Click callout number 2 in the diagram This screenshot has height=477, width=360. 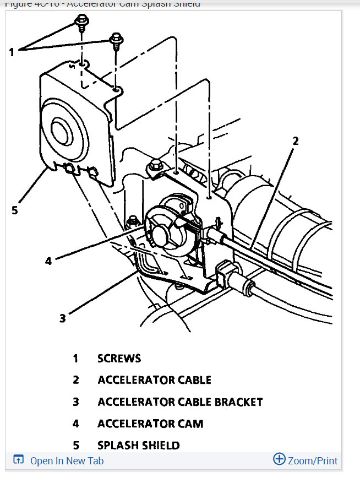[295, 140]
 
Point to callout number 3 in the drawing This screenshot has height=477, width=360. [62, 318]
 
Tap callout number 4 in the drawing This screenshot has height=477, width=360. [48, 260]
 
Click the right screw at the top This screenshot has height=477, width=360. [116, 40]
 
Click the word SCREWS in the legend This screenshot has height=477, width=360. [119, 359]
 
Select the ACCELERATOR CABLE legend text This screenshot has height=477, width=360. [154, 380]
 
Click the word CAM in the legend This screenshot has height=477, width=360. [190, 424]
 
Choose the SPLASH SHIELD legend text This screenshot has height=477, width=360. [139, 445]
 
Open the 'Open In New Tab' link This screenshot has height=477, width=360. [67, 461]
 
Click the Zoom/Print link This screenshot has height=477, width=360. [313, 461]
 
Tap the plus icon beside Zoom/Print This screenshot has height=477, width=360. [279, 459]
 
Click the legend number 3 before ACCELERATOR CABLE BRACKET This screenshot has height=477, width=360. [76, 402]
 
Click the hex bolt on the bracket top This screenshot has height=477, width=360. [155, 164]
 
